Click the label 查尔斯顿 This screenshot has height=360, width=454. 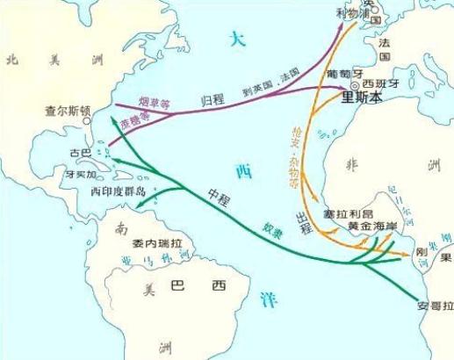68,112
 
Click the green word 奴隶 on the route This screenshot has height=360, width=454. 272,229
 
